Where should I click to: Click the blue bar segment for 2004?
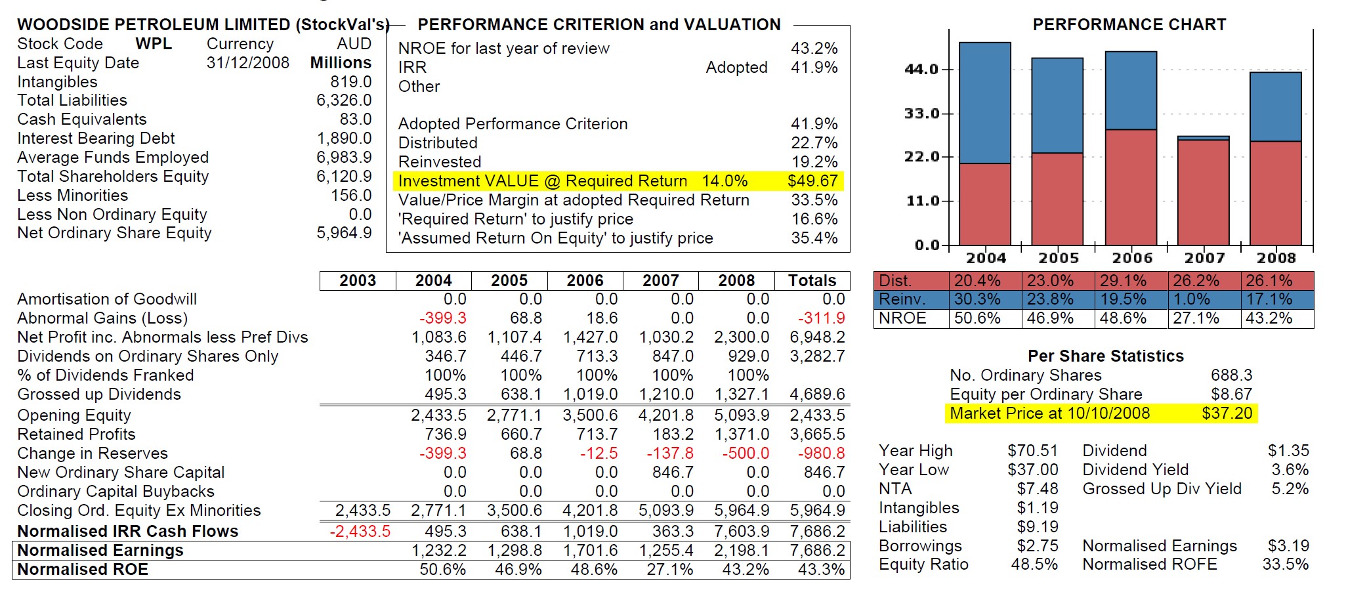984,102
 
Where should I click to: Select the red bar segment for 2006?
1131,187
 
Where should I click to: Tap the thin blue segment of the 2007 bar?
1203,138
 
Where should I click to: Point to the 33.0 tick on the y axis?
921,114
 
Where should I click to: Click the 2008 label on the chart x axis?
1276,258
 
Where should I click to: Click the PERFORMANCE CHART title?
1129,25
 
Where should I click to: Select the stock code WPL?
154,44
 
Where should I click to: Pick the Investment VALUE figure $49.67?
812,181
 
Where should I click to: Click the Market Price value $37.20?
1227,413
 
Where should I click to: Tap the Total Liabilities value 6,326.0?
344,100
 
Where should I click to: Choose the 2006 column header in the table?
585,281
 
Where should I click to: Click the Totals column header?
812,281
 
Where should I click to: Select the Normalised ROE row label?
83,570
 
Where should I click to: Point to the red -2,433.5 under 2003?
360,532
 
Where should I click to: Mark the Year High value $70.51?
1032,451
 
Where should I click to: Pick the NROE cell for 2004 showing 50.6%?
977,319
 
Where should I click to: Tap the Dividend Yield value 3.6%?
1290,470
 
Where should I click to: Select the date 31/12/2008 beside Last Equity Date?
247,63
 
